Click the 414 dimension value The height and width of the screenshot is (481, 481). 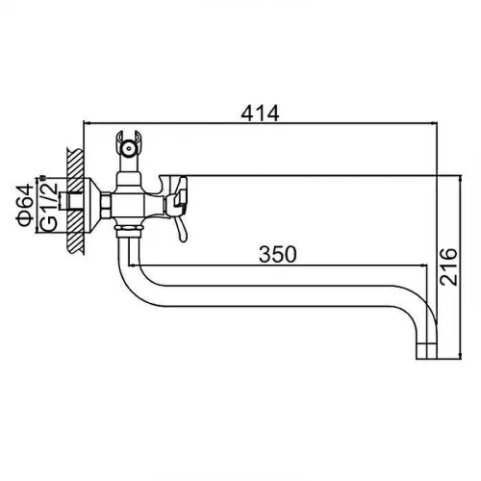click(260, 114)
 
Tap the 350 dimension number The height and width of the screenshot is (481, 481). click(278, 254)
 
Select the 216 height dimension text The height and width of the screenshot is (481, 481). click(447, 266)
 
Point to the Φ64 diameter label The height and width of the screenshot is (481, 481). click(24, 205)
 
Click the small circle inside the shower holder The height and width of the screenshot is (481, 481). click(129, 148)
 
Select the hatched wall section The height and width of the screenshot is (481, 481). click(76, 201)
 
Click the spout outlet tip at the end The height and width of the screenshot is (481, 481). click(426, 351)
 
